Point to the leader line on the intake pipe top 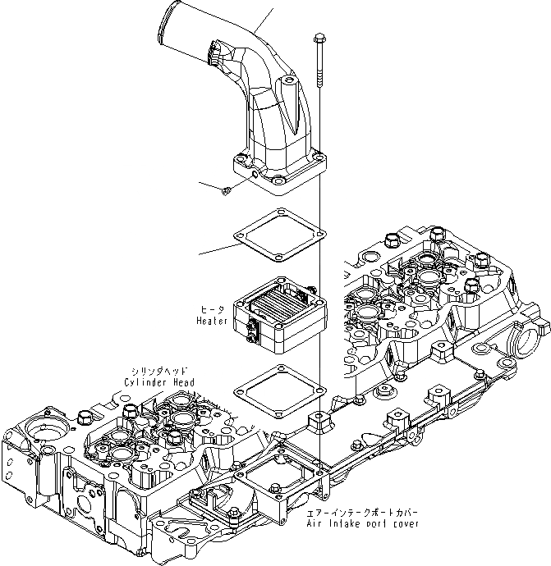264,21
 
